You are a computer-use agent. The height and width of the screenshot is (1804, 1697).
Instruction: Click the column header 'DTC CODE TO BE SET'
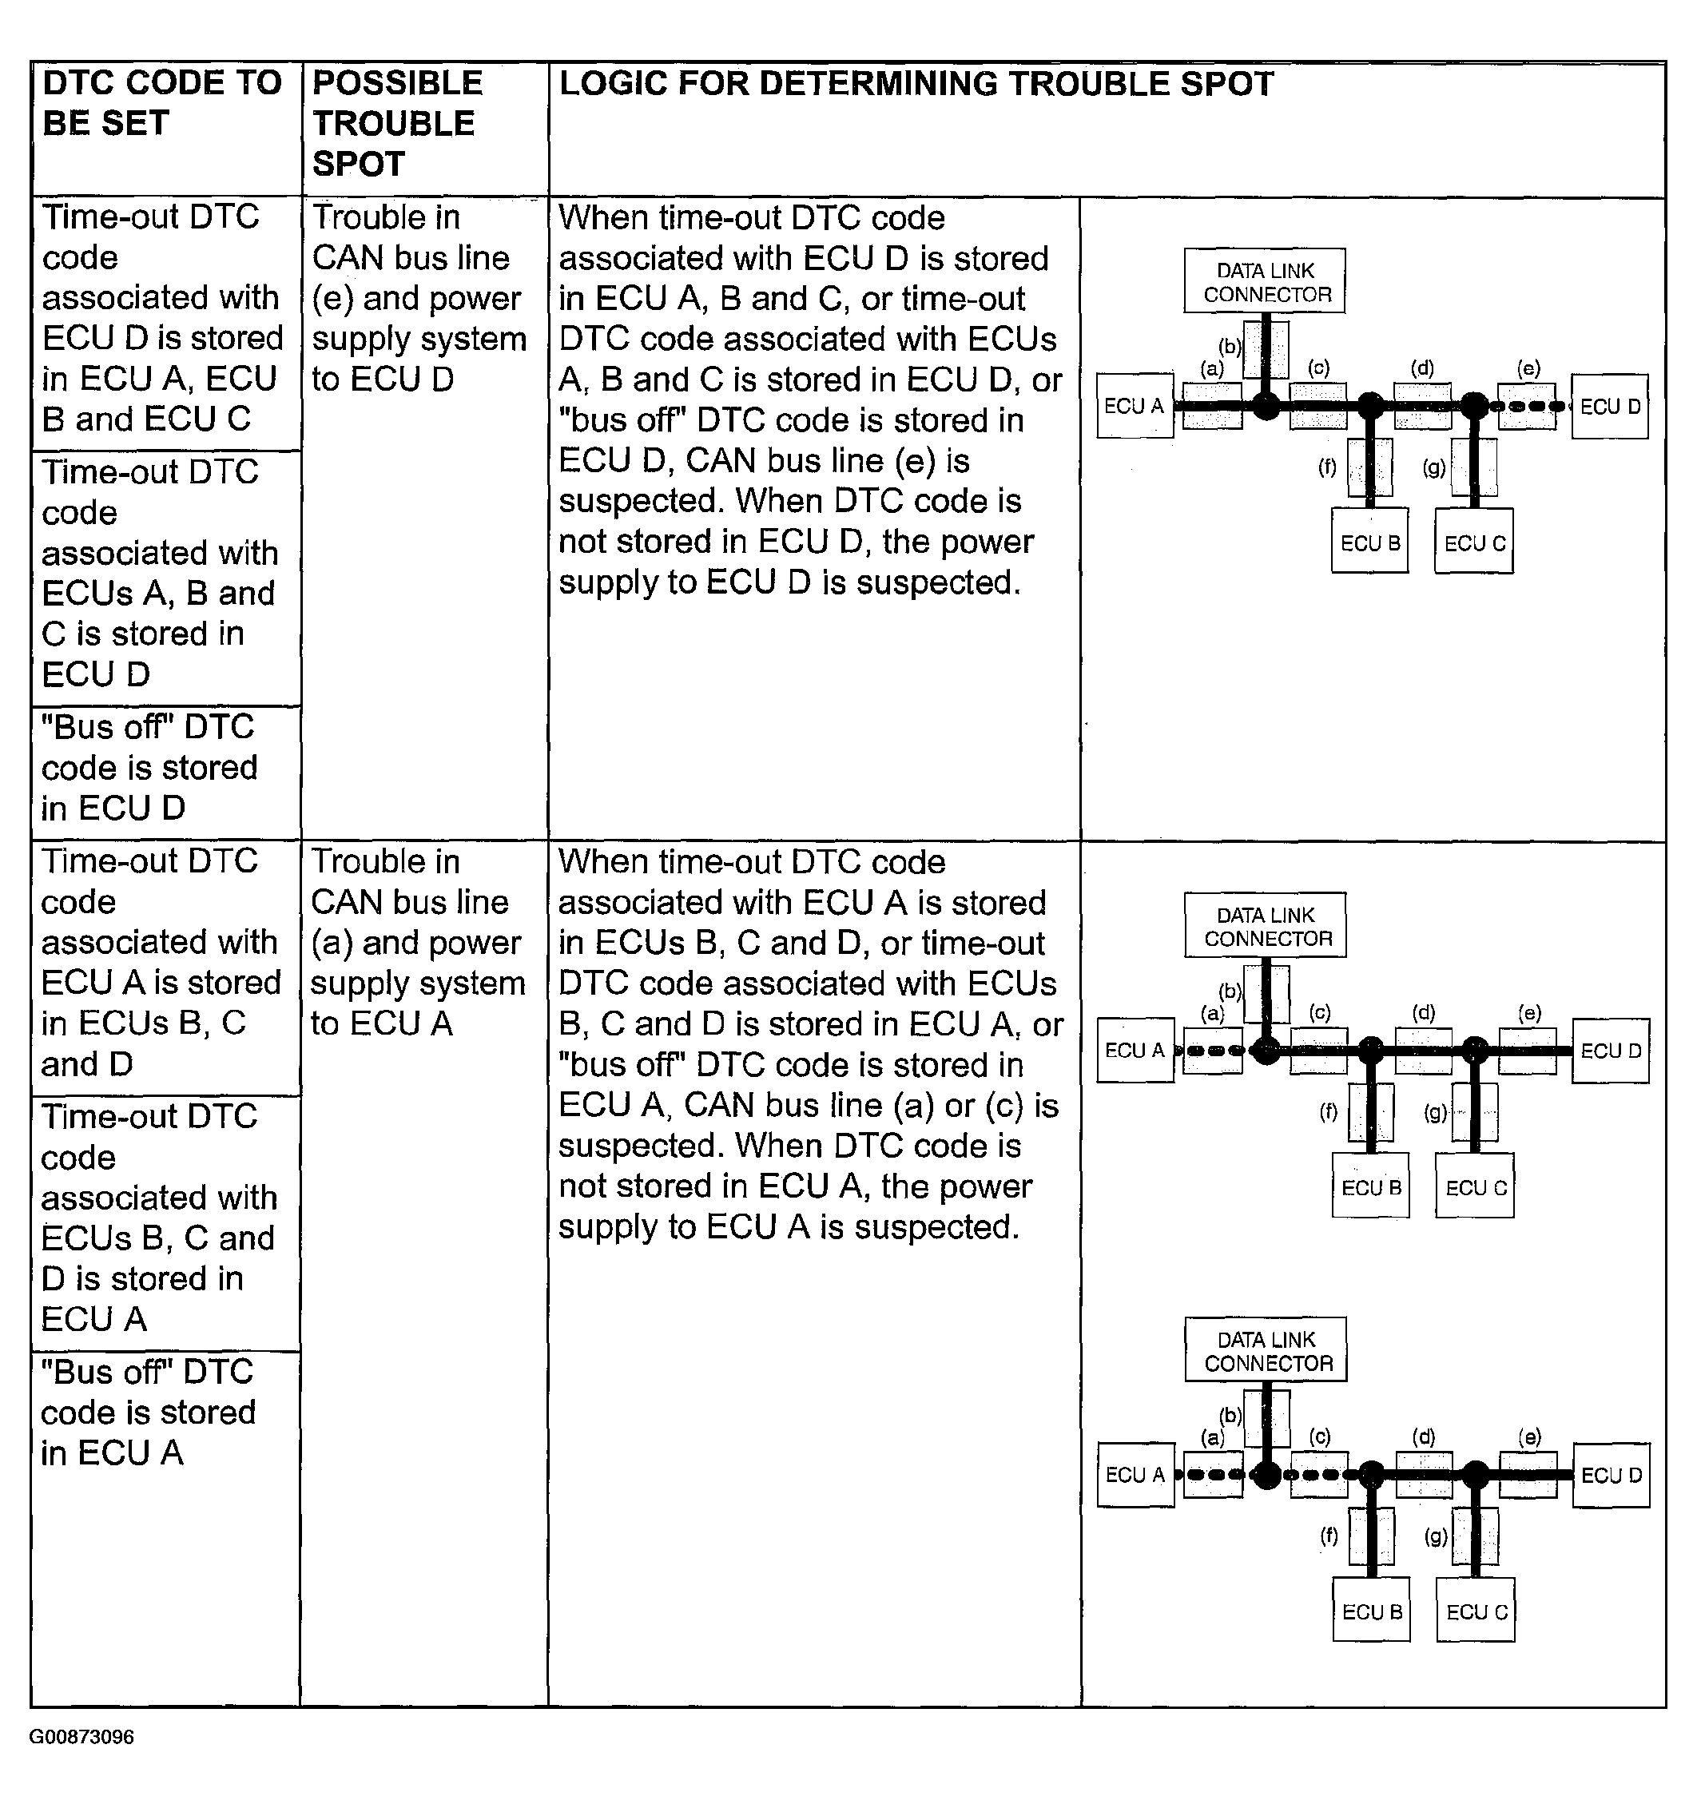point(161,102)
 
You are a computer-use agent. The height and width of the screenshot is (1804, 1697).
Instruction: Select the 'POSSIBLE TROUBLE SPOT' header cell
point(396,123)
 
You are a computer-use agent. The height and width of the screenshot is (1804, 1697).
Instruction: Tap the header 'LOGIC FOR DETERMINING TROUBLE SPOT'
point(916,83)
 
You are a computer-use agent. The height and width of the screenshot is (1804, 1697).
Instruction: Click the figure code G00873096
point(81,1737)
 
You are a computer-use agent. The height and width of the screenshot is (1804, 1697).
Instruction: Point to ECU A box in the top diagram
point(1134,406)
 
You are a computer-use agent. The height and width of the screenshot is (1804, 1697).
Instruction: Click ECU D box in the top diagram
point(1610,407)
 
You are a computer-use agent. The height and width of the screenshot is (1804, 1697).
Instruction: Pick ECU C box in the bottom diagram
point(1476,1611)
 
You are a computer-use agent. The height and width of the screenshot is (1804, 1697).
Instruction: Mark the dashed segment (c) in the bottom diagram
point(1318,1475)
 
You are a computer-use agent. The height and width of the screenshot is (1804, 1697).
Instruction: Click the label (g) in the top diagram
point(1434,467)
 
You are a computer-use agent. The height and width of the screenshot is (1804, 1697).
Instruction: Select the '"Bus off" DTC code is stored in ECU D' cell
point(149,768)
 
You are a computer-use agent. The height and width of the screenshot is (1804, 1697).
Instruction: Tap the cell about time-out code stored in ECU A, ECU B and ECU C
point(161,318)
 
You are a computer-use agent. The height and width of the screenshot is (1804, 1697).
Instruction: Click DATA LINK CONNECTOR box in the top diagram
point(1265,281)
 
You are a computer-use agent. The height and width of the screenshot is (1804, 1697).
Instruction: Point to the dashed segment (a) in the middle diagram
point(1210,1051)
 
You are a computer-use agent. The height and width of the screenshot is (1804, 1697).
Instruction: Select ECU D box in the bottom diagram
point(1611,1476)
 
